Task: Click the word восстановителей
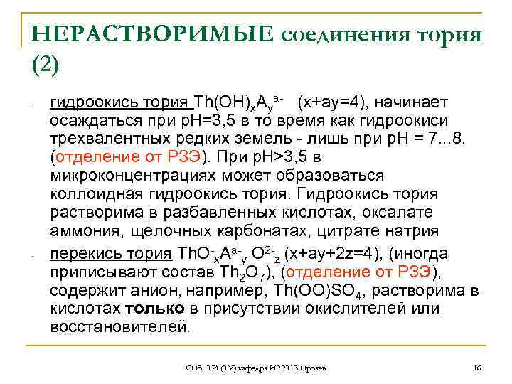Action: click(x=120, y=327)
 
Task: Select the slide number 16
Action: click(x=476, y=367)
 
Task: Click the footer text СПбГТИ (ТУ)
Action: click(x=207, y=367)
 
